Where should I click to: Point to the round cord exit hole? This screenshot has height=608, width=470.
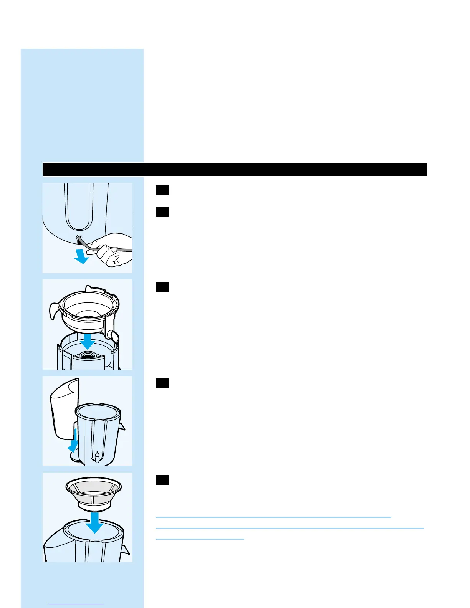(x=79, y=238)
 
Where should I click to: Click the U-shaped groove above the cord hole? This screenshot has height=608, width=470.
(x=79, y=207)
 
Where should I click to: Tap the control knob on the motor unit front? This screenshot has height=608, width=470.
(x=98, y=458)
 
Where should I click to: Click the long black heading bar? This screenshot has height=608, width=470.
(x=235, y=170)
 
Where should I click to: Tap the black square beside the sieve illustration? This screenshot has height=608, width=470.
(x=162, y=480)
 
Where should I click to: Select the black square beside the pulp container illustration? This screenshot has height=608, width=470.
(x=162, y=383)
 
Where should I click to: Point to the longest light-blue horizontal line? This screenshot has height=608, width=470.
(x=290, y=529)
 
